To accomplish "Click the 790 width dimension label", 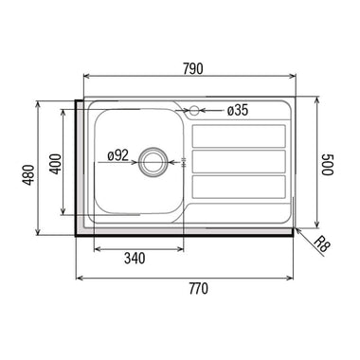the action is tap(193, 69).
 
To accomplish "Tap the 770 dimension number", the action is tap(199, 289).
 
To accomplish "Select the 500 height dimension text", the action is tap(328, 164).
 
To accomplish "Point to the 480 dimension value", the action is tap(29, 174).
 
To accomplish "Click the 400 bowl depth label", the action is tap(56, 164).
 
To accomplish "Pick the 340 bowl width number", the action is tap(135, 259).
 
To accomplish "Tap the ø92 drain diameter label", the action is tap(117, 155).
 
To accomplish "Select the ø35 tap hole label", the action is tap(238, 111).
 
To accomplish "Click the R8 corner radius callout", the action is tap(321, 243).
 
